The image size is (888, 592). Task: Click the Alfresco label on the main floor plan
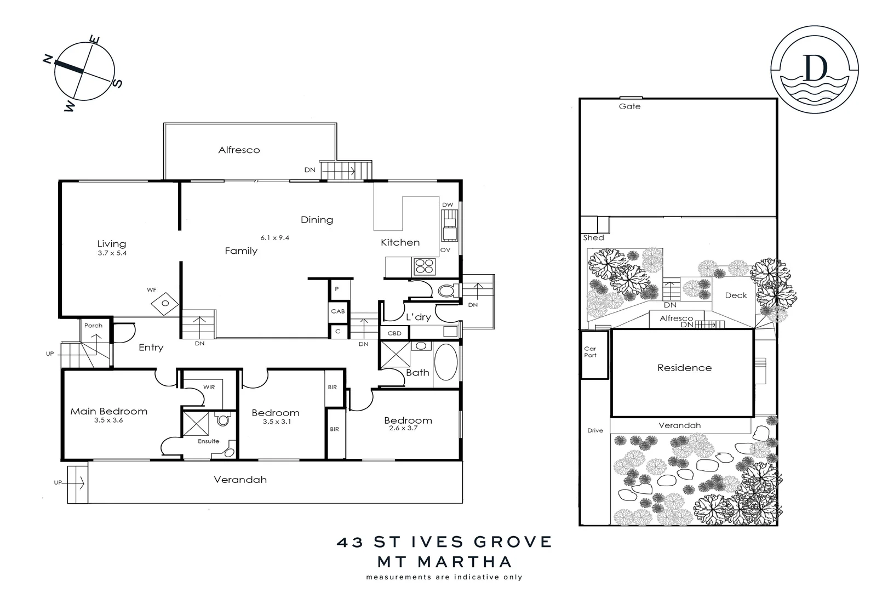coord(239,150)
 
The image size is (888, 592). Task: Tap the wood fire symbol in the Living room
coord(165,303)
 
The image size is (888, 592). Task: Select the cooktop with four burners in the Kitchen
coord(425,266)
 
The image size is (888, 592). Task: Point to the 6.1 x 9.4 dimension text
coord(274,238)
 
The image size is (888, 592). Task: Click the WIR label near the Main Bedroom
coord(209,387)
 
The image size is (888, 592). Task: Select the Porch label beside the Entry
coord(93,326)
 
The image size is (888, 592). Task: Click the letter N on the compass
coord(48,59)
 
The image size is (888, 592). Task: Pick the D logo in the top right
coord(815,69)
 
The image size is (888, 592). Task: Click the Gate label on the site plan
coord(629,106)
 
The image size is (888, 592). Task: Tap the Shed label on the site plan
coord(593,238)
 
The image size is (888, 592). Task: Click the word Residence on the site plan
coord(684,368)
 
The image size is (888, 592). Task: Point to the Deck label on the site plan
coord(736,295)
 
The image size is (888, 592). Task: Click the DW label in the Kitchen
coord(448,205)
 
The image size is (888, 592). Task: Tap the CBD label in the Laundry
coord(394,333)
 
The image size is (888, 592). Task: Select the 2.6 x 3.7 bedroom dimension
coord(404,428)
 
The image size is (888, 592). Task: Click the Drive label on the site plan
coord(595,430)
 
